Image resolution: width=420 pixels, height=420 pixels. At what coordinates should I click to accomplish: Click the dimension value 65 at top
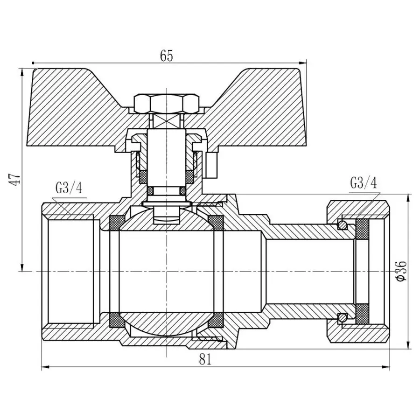pos(166,56)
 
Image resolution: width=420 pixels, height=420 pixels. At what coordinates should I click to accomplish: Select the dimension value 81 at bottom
pos(206,358)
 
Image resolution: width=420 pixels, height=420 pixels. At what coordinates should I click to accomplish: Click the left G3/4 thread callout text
pos(69,188)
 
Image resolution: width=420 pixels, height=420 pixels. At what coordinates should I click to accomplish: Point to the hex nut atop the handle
pos(166,102)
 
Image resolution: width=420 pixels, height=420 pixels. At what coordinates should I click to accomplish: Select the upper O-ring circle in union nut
pos(343,225)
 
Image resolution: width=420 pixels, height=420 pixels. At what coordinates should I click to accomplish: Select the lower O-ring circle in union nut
pos(343,317)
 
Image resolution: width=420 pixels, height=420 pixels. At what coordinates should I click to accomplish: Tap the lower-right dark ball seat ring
pos(216,320)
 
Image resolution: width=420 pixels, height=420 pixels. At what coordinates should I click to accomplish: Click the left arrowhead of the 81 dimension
pos(44,367)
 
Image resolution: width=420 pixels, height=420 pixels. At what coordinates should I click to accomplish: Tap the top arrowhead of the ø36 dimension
pos(409,196)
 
